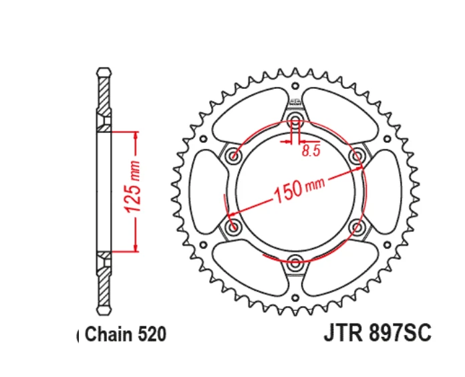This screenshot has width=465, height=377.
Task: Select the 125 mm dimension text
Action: [x=134, y=191]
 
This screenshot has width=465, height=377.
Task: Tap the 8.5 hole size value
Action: [x=311, y=151]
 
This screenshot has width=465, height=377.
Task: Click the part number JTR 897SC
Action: [x=377, y=333]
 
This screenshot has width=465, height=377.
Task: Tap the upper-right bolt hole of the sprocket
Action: [x=357, y=156]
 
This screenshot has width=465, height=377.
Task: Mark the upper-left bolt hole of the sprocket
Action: [x=233, y=156]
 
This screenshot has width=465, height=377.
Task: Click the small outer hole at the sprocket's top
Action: [x=295, y=85]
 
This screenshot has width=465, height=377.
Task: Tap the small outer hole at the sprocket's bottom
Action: [x=295, y=297]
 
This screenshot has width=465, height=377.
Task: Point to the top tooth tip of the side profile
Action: [x=104, y=69]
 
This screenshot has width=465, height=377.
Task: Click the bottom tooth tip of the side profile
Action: [x=104, y=312]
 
